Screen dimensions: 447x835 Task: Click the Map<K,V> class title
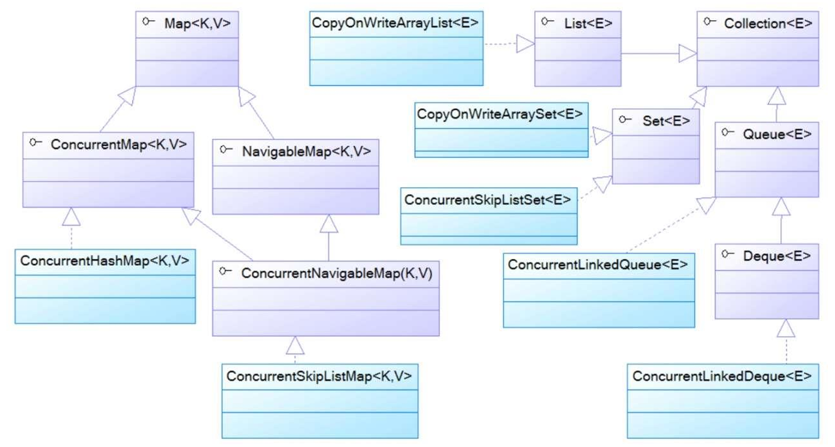(197, 24)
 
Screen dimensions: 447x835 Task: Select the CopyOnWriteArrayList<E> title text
(395, 23)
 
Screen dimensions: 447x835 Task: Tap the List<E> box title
(588, 24)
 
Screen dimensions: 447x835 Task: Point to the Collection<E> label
(768, 24)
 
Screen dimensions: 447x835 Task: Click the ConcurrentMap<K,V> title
(118, 145)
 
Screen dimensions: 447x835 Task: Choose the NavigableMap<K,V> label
(306, 152)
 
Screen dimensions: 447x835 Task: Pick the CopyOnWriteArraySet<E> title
(499, 114)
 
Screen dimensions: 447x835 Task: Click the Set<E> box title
(666, 121)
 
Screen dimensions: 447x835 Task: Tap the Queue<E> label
(777, 134)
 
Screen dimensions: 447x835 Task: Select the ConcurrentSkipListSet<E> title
(487, 200)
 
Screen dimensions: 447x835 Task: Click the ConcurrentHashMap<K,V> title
(104, 261)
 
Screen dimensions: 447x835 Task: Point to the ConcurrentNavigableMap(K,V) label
(337, 273)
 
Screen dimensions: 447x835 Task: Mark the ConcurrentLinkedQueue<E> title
(597, 265)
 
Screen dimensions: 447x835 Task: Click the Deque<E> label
(776, 256)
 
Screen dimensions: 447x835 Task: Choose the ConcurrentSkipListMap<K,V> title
(319, 376)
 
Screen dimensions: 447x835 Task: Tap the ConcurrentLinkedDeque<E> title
(722, 376)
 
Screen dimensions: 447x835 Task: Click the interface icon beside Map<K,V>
(148, 21)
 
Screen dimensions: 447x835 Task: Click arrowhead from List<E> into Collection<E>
(687, 54)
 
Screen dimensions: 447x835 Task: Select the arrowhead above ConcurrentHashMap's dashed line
(71, 217)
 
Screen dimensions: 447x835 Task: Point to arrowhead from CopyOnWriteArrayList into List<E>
(525, 44)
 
